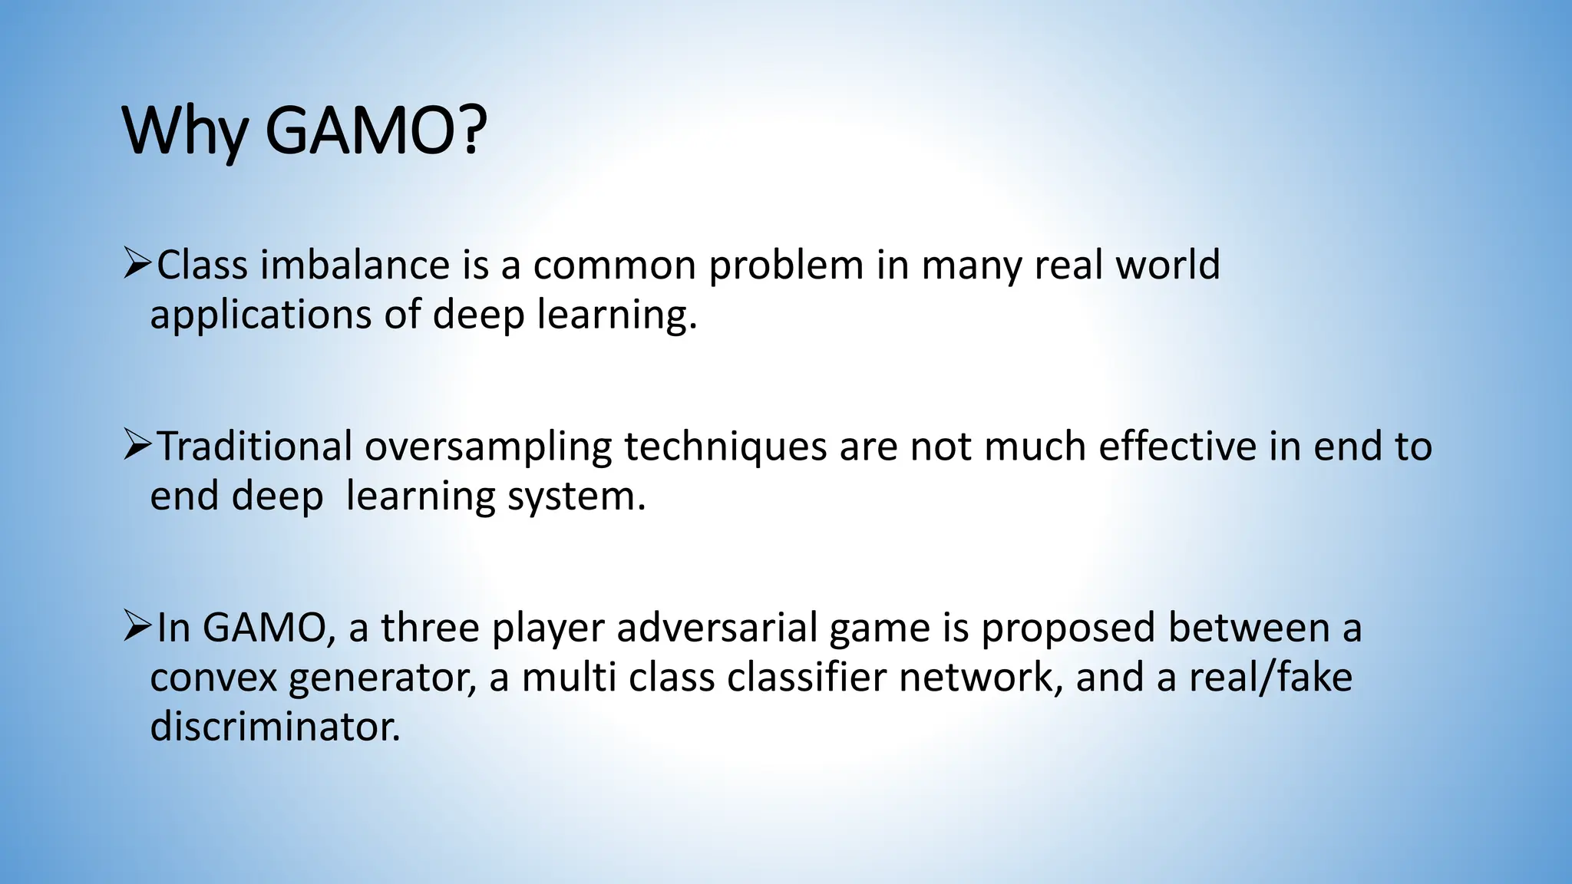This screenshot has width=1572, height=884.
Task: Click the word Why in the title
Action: tap(184, 131)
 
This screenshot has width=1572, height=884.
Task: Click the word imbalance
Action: tap(355, 266)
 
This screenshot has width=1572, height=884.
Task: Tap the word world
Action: tap(1167, 266)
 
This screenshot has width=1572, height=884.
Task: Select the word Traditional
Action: tap(255, 447)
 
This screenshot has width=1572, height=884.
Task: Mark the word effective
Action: tap(1177, 447)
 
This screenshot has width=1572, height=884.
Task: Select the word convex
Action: tap(213, 678)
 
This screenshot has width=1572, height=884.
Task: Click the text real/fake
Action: tap(1270, 677)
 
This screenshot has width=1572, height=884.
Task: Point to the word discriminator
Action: tap(275, 726)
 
